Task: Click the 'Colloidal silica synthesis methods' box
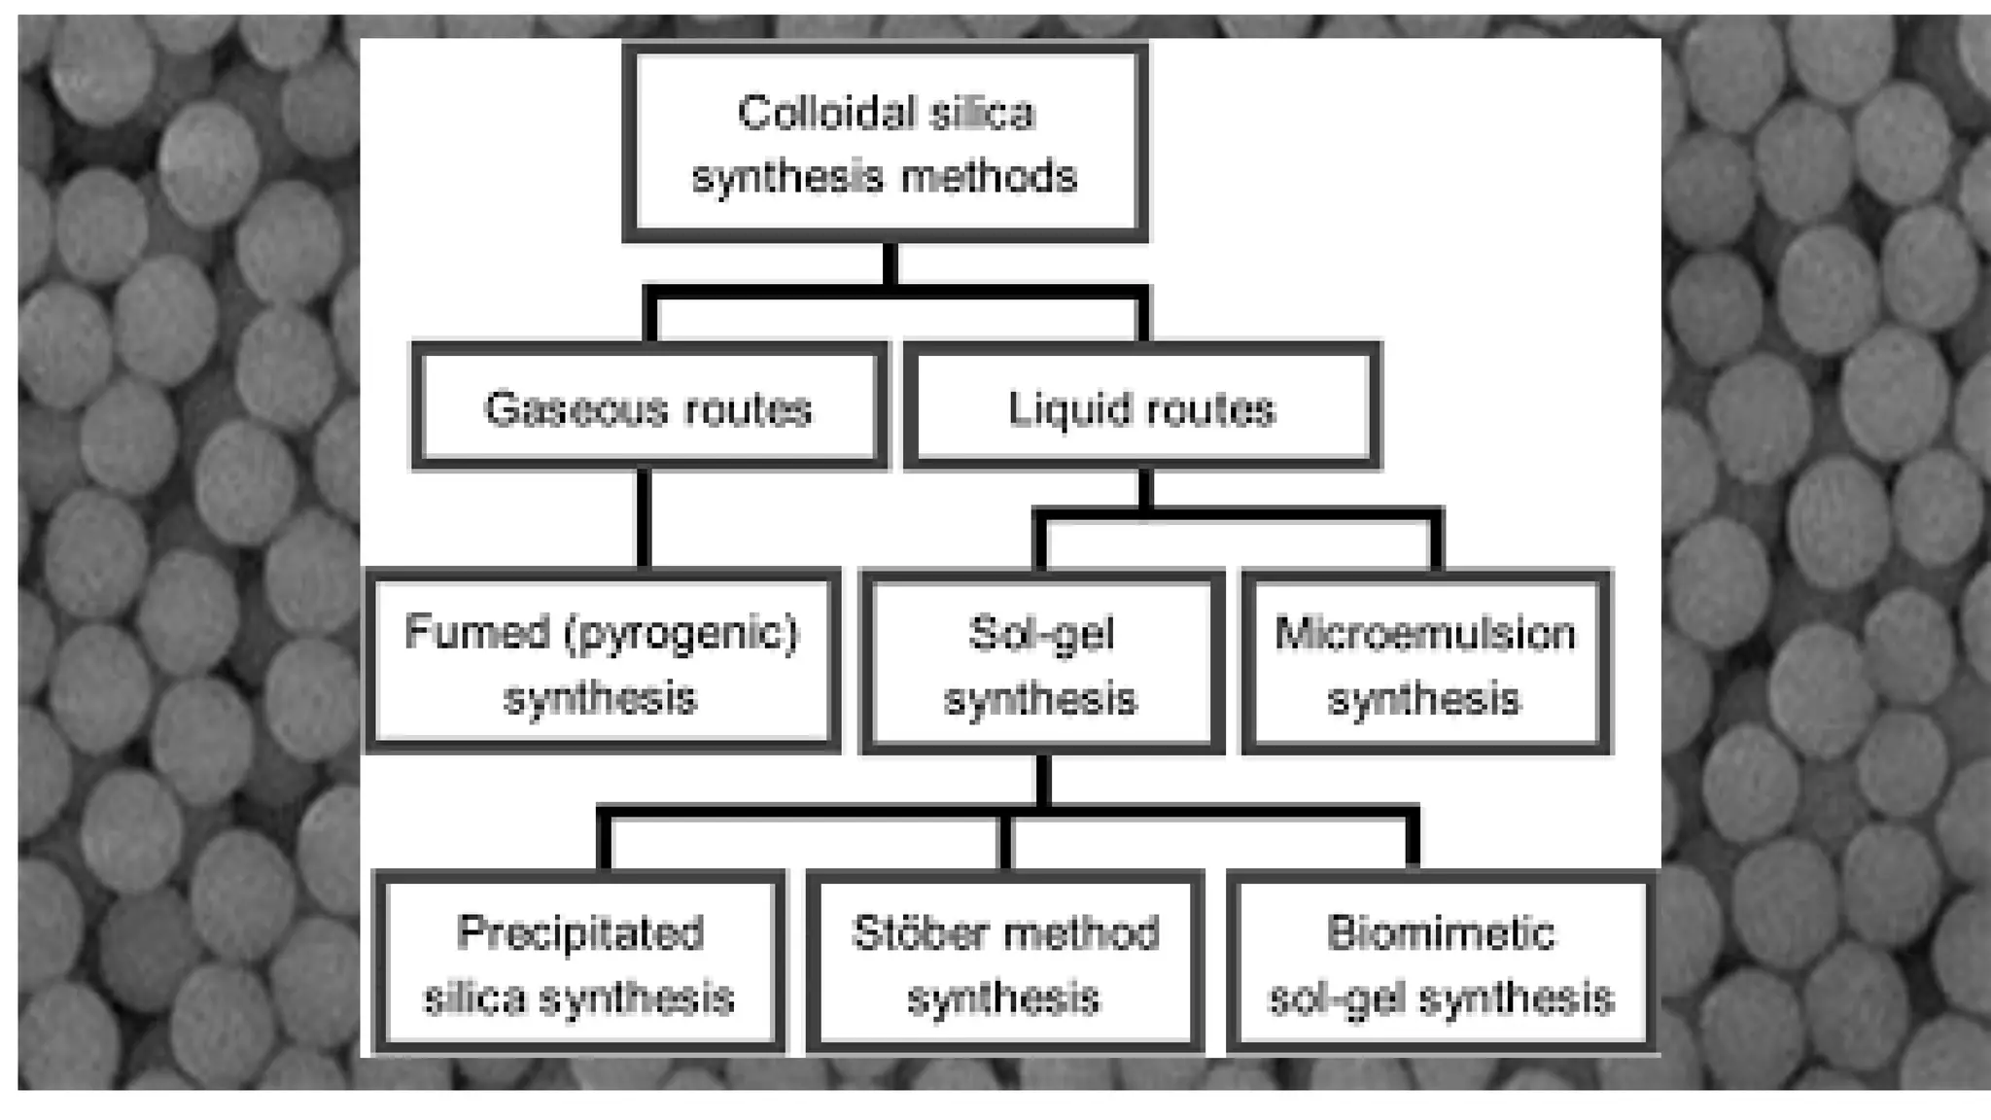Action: pos(885,143)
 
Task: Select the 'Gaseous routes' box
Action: pos(648,406)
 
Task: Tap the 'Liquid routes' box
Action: pos(1141,406)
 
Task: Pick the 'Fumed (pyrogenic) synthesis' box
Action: pos(602,662)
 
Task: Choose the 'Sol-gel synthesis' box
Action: pos(1041,664)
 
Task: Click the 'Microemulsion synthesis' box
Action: pos(1425,664)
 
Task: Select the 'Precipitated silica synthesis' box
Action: pos(579,962)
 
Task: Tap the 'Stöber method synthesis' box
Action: pos(1005,962)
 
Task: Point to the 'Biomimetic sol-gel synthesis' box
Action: pos(1441,962)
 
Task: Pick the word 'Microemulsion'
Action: pos(1425,634)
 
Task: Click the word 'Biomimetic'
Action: pos(1441,933)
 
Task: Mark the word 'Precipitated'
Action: pos(580,933)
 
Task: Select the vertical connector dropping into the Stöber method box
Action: pos(1005,842)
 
